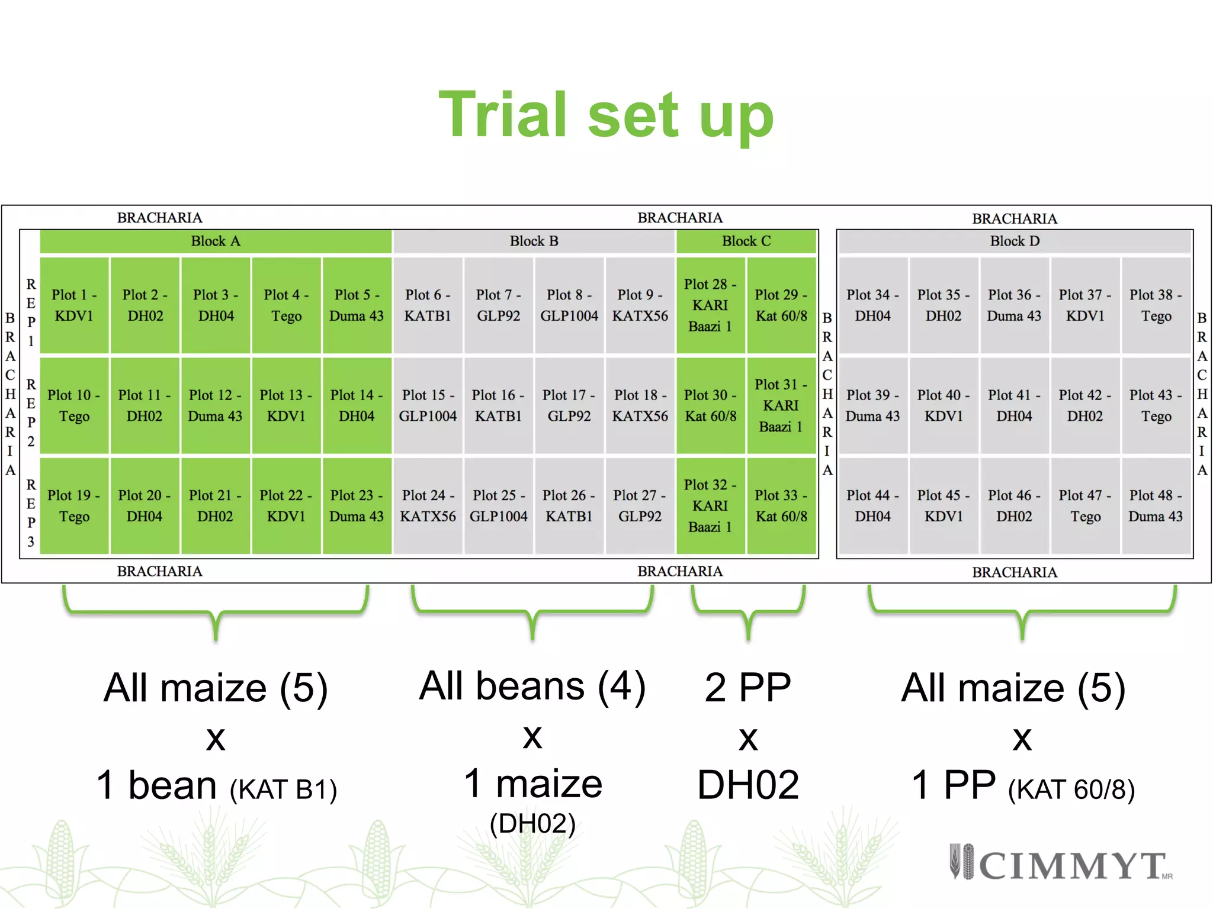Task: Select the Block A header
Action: [x=216, y=241]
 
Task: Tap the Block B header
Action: [x=534, y=241]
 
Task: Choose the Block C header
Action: [x=746, y=241]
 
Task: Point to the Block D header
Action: [x=1015, y=241]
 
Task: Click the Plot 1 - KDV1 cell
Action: [x=74, y=305]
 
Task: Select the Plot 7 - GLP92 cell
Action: [x=498, y=305]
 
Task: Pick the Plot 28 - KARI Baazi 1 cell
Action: [x=710, y=305]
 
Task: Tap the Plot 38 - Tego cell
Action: [x=1156, y=305]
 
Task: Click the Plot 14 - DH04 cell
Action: [x=357, y=405]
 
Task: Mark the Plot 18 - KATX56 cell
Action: [x=640, y=405]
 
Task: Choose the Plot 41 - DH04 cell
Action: [x=1014, y=405]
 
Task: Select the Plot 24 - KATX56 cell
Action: [x=428, y=506]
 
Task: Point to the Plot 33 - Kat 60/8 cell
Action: [x=781, y=506]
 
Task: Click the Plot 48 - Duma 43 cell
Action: [x=1156, y=506]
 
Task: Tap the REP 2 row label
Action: [x=31, y=412]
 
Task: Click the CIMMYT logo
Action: [x=1060, y=864]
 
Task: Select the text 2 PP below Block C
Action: [x=748, y=688]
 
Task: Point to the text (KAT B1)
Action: [x=283, y=790]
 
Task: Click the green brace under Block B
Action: [x=532, y=613]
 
